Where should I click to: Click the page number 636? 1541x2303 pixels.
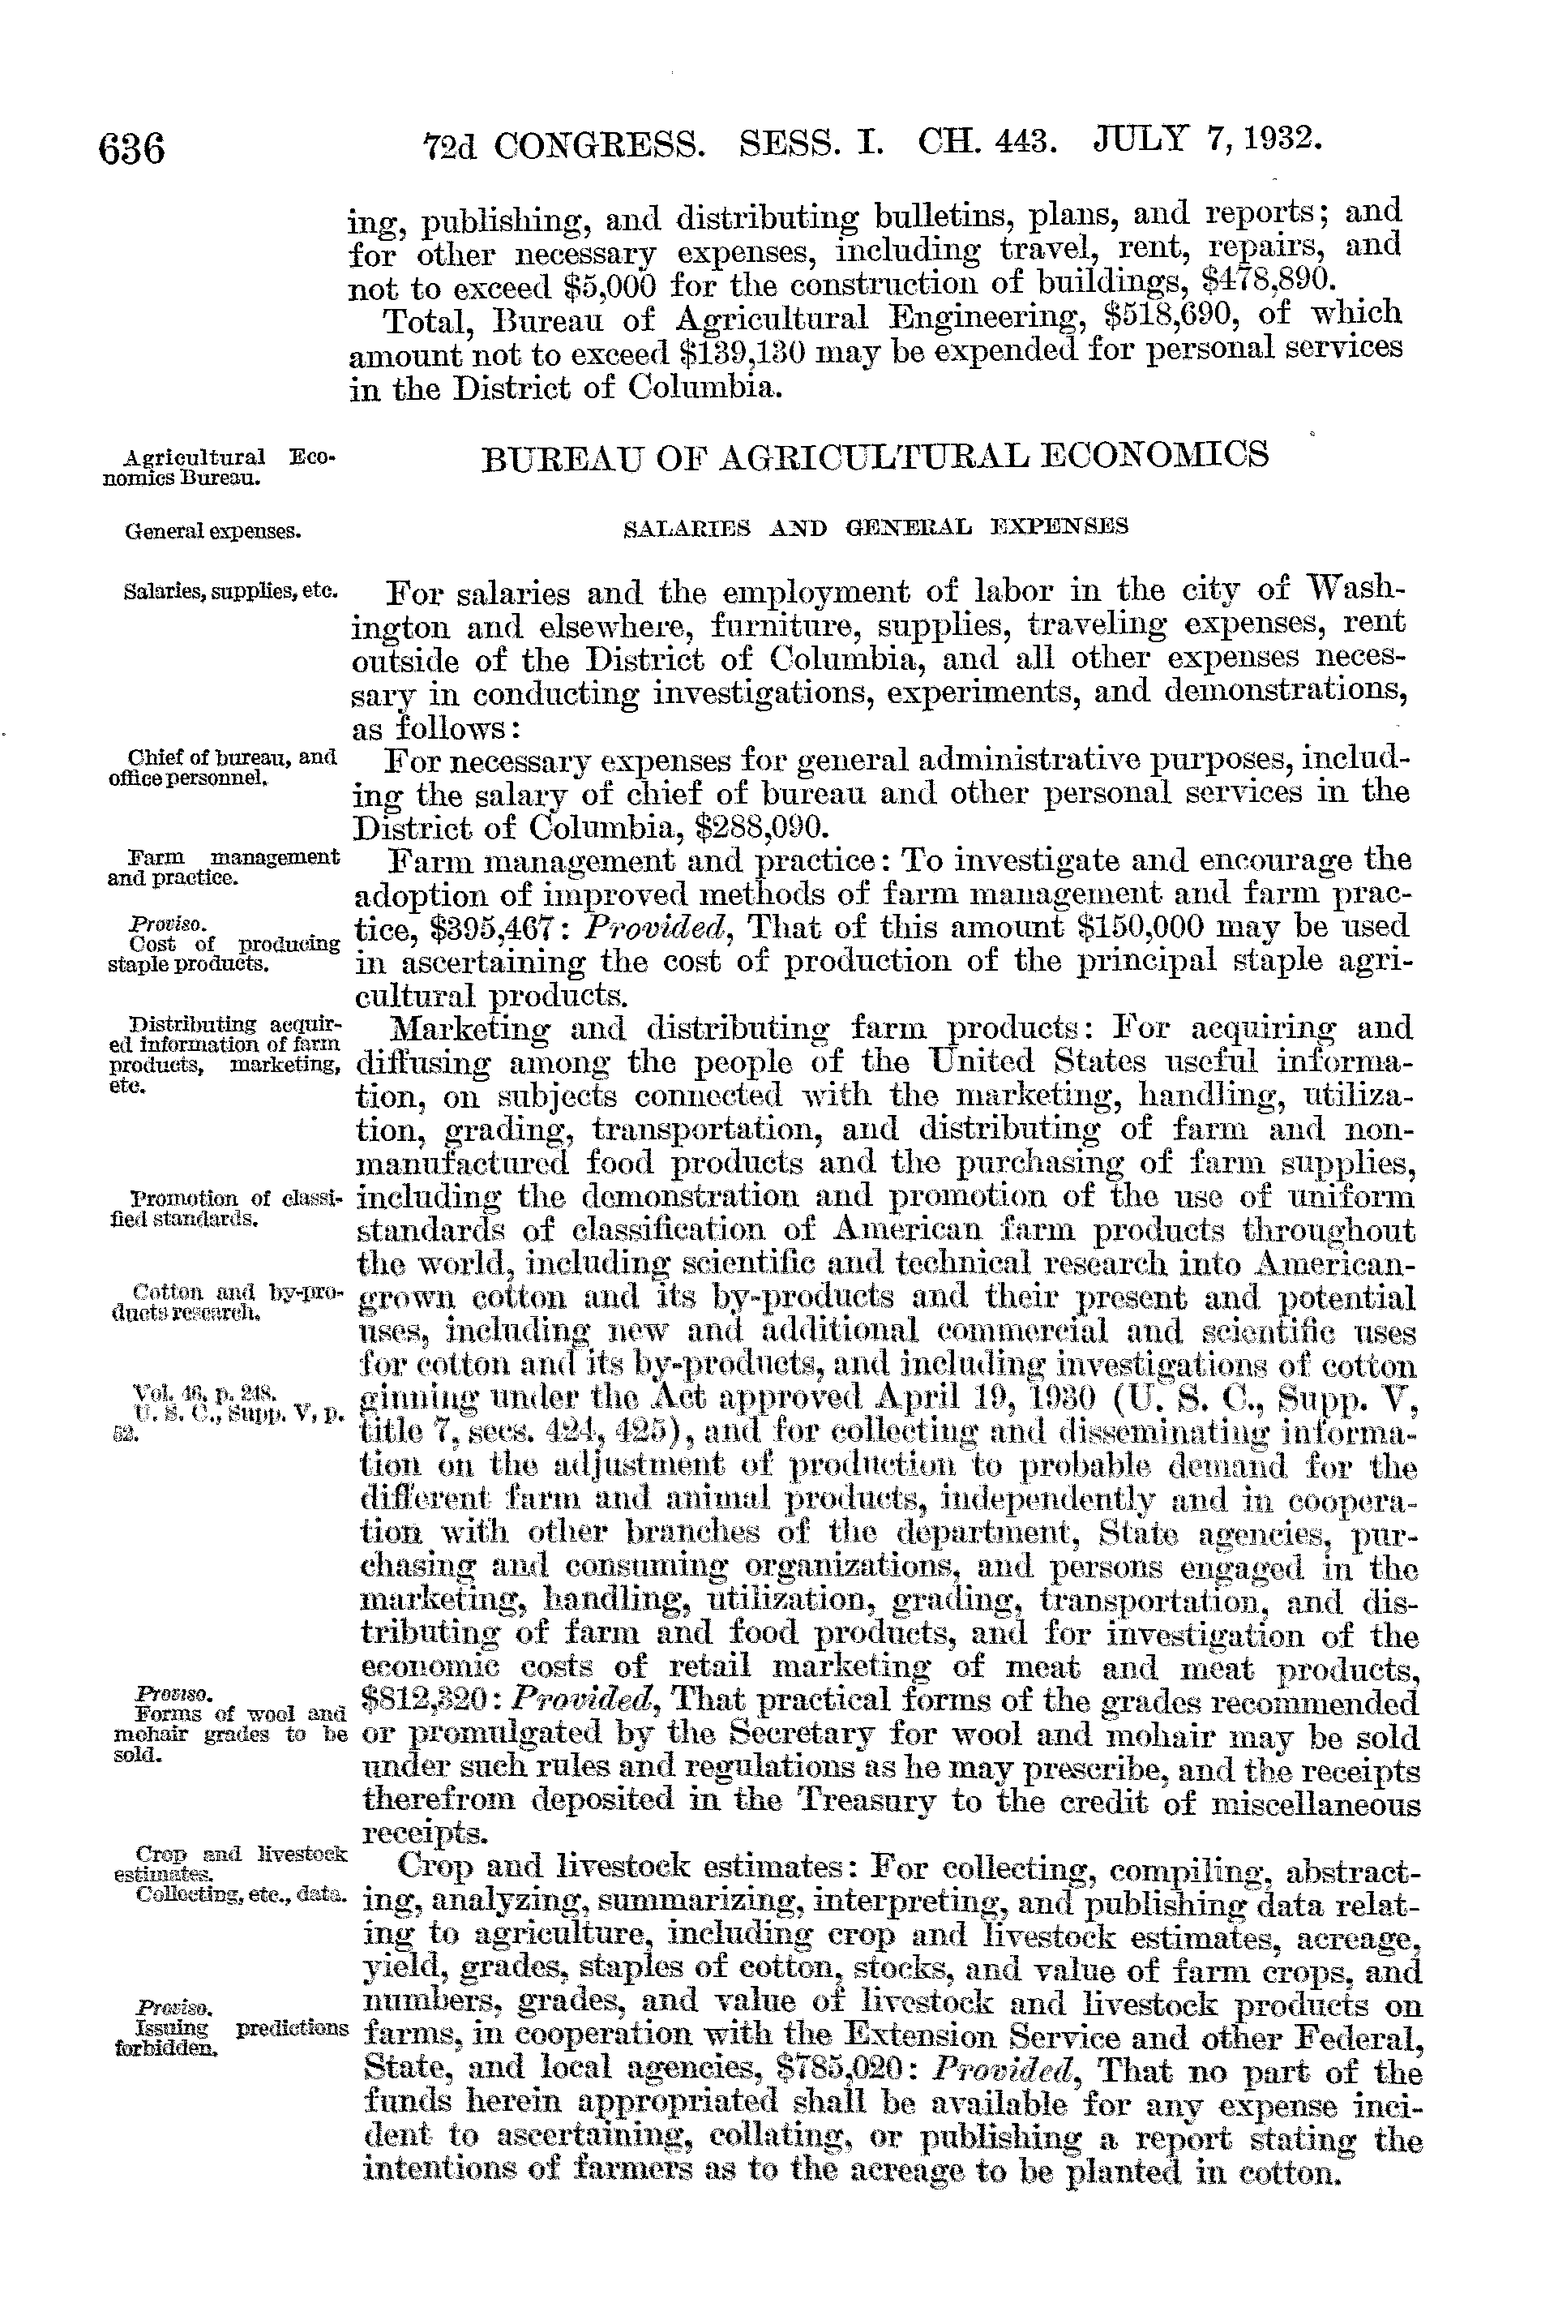[131, 150]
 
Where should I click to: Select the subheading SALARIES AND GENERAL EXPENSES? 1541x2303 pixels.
[875, 527]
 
